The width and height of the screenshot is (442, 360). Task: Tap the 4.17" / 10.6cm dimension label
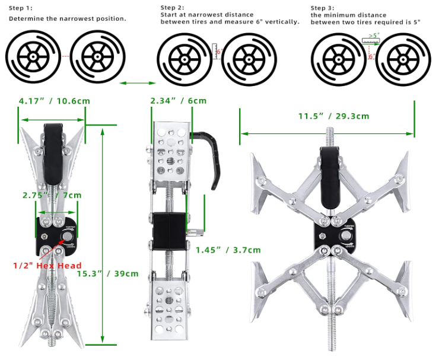pyautogui.click(x=54, y=101)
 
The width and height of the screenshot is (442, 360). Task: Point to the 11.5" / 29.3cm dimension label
pyautogui.click(x=333, y=116)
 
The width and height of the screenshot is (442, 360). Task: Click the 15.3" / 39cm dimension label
pyautogui.click(x=112, y=273)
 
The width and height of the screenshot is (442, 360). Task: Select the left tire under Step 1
pyautogui.click(x=34, y=57)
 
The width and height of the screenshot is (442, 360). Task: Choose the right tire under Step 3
pyautogui.click(x=406, y=58)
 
